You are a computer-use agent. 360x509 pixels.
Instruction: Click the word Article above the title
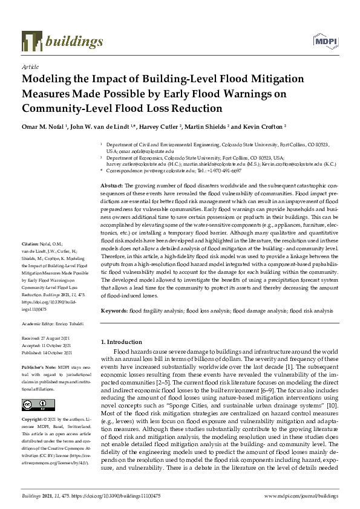(30, 66)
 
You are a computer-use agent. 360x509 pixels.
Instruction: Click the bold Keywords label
(114, 311)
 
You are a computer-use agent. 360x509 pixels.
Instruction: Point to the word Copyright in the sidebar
(34, 419)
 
